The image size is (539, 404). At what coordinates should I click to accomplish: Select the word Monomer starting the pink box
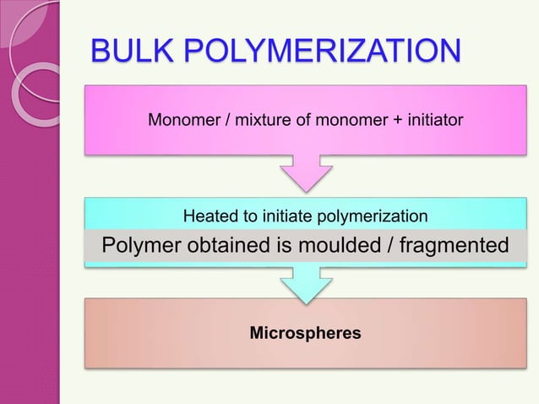pos(182,121)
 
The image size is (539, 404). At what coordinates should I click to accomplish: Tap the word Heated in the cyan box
pos(210,218)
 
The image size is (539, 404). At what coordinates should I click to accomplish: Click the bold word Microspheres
pos(305,334)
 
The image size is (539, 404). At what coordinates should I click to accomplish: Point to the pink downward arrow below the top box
pos(305,174)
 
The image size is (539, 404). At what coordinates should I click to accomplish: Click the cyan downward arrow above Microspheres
pos(305,283)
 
